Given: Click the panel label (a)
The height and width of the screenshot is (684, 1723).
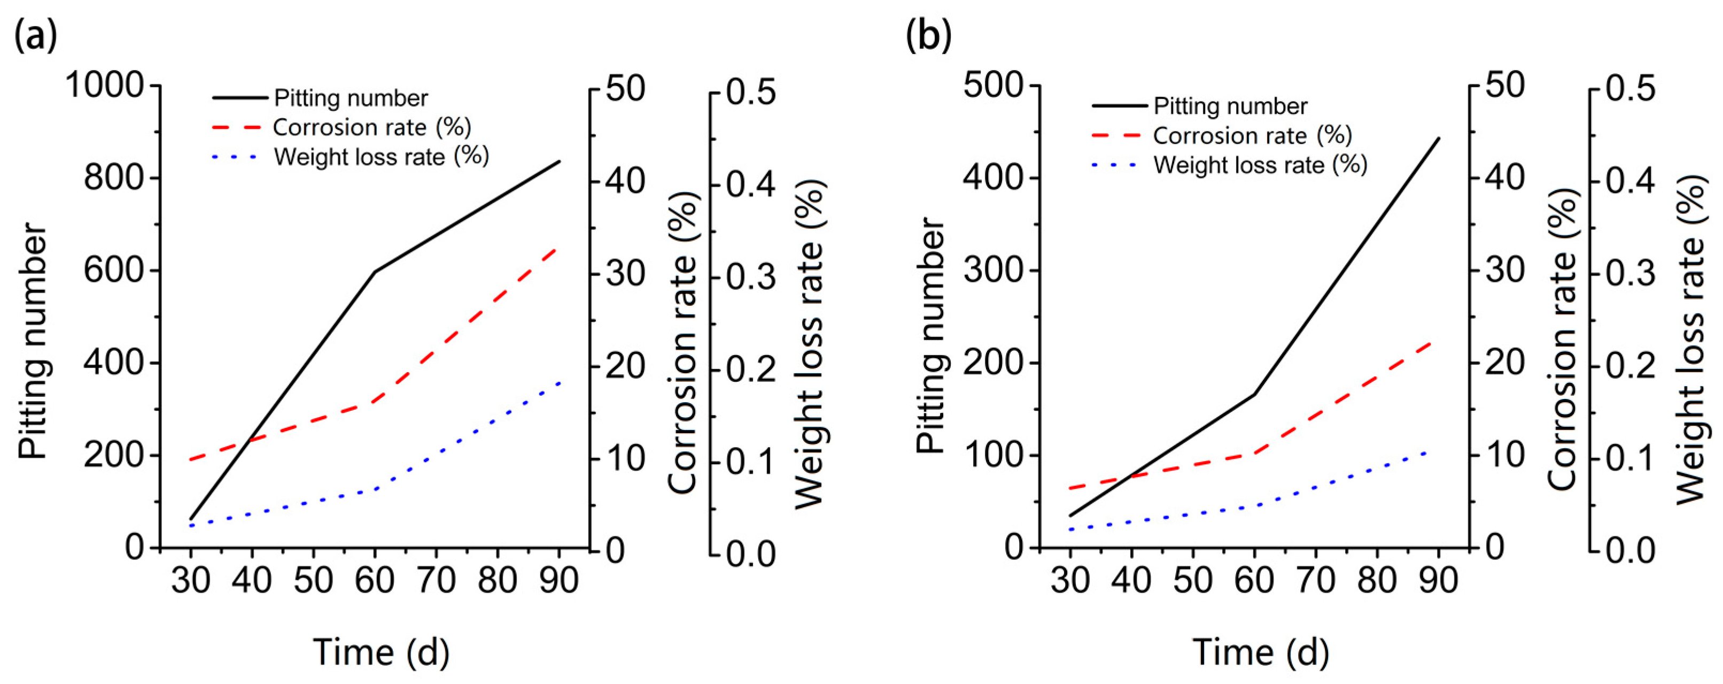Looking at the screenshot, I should pos(35,35).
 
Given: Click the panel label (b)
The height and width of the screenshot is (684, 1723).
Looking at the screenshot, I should pos(928,35).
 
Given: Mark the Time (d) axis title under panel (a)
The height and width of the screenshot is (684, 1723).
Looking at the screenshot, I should pos(381,652).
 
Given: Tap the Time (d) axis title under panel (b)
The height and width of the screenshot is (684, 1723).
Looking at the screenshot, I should pos(1261,652).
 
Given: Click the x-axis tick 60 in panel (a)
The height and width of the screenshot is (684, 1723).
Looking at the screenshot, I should pos(375,580).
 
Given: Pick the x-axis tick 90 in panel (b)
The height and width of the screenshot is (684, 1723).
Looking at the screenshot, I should pos(1438,580).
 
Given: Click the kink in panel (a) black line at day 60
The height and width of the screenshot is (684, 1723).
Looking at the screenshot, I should pos(375,272).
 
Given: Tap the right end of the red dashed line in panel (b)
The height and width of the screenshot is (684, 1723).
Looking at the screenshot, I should pos(1428,342).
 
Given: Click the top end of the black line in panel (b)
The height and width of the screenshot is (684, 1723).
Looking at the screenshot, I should pos(1438,139).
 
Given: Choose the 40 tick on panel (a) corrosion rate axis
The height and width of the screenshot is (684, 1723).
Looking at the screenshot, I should pos(626,181).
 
